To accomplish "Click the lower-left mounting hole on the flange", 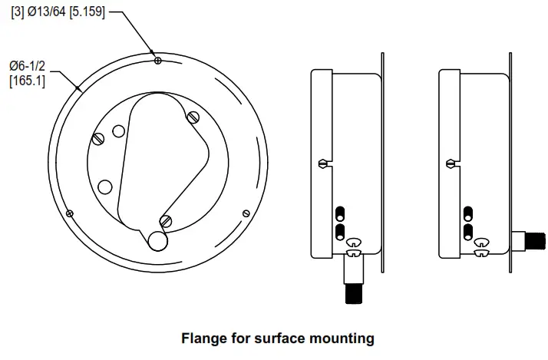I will click(x=70, y=213).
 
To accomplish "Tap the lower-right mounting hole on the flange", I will click(x=246, y=213).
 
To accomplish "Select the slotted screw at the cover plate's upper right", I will click(x=193, y=117).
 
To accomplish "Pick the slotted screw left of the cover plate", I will click(x=98, y=139).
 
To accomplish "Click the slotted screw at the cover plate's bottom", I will click(x=166, y=221).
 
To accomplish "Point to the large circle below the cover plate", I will click(x=158, y=240).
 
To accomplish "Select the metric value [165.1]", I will click(x=27, y=81).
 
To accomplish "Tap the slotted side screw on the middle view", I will click(x=323, y=163).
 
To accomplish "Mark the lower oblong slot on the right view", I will click(x=467, y=230).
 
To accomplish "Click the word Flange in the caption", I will click(x=201, y=338).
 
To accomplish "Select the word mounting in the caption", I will click(x=342, y=338).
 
